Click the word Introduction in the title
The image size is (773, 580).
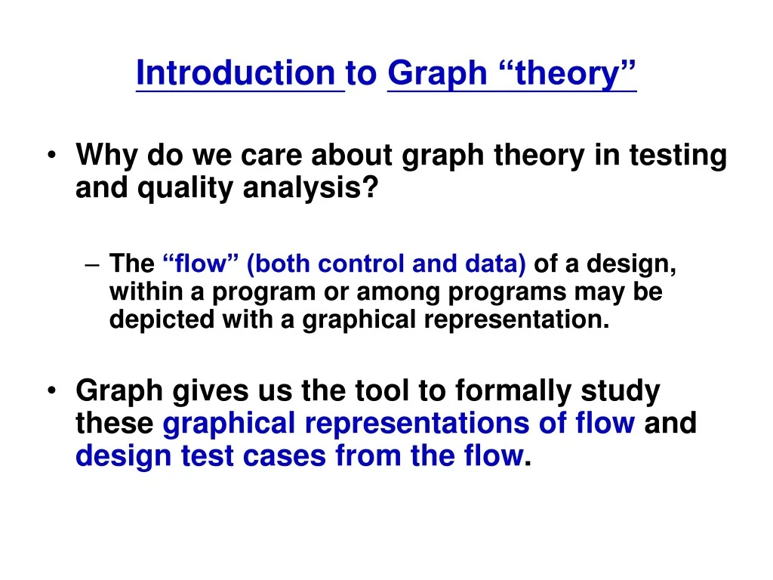(x=236, y=73)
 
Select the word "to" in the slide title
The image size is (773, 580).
(x=362, y=73)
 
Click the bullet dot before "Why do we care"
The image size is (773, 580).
(x=51, y=156)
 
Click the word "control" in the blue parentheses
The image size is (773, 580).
(x=359, y=264)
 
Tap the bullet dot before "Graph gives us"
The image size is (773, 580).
(x=51, y=392)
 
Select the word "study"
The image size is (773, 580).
(x=621, y=392)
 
